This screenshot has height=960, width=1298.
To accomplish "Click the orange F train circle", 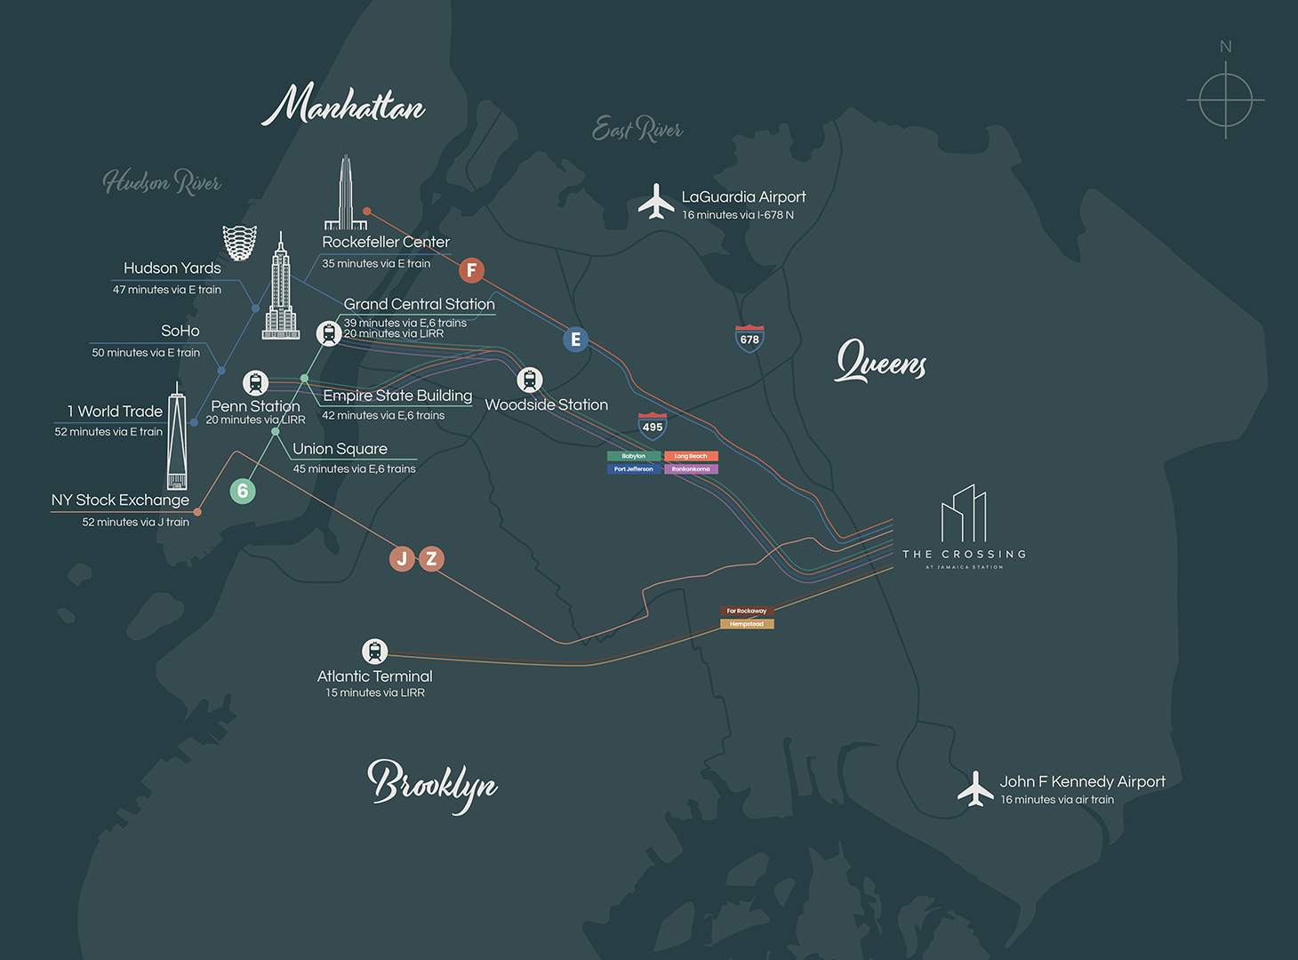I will click(472, 269).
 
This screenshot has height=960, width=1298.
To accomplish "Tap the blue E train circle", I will click(575, 339).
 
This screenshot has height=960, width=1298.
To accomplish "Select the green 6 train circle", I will click(243, 491).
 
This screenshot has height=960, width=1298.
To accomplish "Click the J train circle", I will click(402, 558).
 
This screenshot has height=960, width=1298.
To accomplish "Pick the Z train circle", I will click(431, 558).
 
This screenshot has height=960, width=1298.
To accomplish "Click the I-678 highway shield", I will click(749, 339).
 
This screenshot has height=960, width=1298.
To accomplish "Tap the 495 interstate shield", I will click(653, 426).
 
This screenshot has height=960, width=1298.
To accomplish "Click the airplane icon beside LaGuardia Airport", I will click(656, 202).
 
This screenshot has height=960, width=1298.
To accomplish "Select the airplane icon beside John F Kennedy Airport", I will click(975, 788).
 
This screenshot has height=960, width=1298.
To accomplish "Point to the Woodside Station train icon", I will click(530, 380).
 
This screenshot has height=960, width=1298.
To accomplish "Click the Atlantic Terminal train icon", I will click(374, 651).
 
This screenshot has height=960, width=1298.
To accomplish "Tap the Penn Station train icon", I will click(256, 383).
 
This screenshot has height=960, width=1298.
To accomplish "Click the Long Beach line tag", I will click(691, 456).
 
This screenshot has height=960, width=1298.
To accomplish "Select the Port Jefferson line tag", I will click(634, 468).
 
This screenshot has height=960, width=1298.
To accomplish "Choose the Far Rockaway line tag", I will click(747, 611).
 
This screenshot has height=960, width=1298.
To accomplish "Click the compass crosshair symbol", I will click(1225, 100).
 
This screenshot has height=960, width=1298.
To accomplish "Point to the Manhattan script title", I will click(343, 106).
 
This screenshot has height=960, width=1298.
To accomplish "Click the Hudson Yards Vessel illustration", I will click(239, 242).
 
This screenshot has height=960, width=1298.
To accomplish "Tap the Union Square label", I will click(340, 449).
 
